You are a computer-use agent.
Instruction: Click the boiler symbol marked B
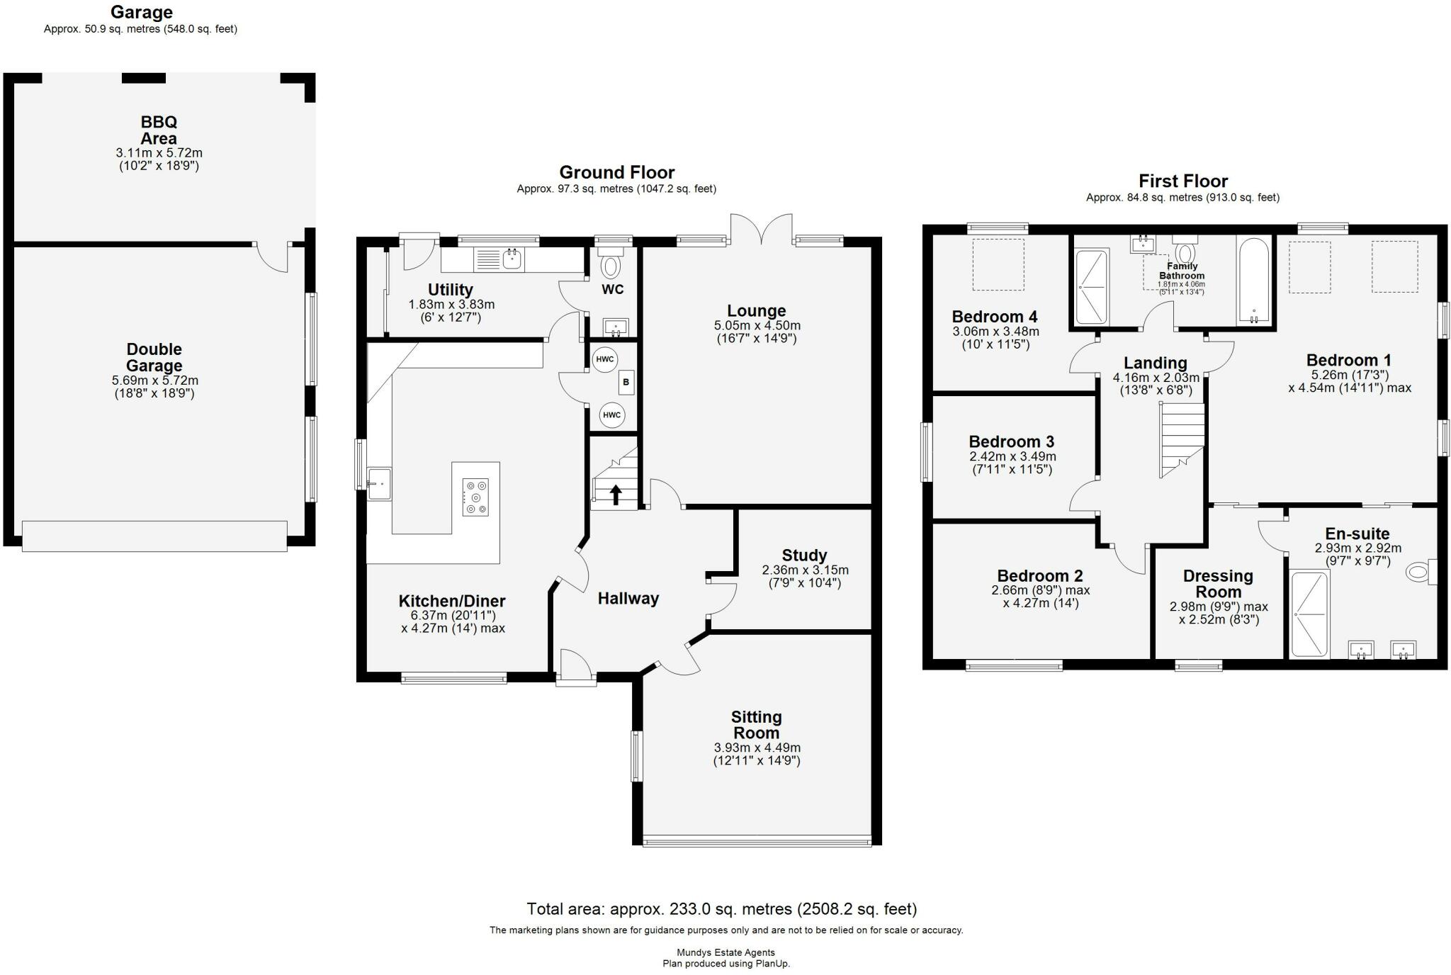pos(626,383)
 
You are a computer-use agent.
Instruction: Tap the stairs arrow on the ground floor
pos(616,494)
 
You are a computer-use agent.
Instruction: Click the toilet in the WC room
pos(610,266)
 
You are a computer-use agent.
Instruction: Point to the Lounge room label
pos(756,311)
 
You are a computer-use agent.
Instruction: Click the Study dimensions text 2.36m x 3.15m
pos(805,570)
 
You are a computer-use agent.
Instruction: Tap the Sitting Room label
pos(756,725)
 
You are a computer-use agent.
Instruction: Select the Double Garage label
pos(154,357)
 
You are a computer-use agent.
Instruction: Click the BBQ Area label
pos(159,130)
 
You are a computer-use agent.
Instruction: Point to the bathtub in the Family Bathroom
pos(1254,281)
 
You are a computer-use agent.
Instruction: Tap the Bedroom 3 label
pos(1011,441)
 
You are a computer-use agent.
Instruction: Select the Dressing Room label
pos(1218,584)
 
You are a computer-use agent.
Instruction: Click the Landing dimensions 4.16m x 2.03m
pos(1156,378)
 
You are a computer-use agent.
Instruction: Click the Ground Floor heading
pos(616,172)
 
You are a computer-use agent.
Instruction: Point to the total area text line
pos(721,909)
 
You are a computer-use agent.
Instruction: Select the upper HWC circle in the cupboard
pos(604,359)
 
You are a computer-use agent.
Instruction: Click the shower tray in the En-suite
pos(1309,614)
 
